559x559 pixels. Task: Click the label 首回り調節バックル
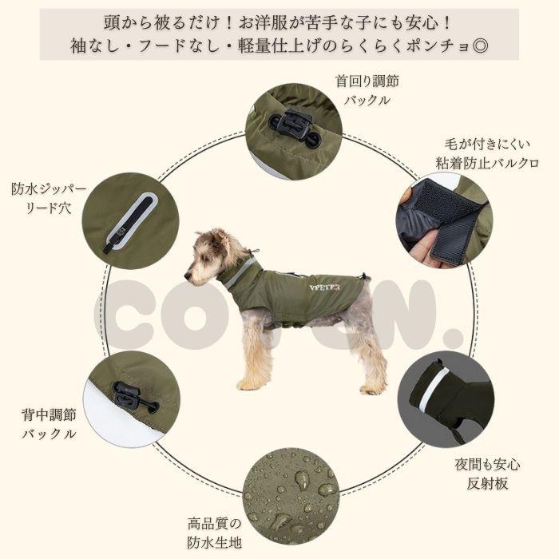(367, 90)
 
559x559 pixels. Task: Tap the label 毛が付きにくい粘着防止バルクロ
(486, 153)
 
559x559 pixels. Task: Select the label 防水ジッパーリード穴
(41, 199)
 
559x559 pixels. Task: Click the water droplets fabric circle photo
(291, 495)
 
